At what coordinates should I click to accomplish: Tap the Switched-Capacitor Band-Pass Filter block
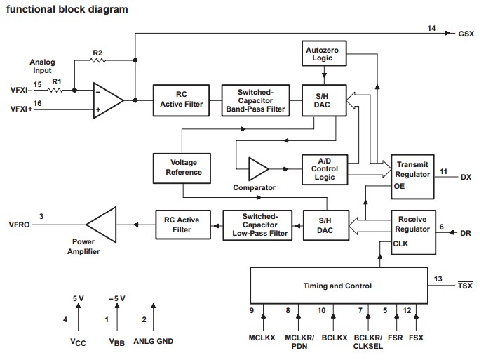tap(255, 100)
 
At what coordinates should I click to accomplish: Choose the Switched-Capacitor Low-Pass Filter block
tap(255, 225)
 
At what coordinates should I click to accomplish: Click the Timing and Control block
tap(337, 286)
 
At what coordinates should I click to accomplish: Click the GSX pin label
tap(466, 33)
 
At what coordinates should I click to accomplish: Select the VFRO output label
tap(20, 225)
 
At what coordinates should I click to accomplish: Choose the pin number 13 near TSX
tap(438, 279)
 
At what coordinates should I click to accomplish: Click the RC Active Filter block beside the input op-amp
tap(179, 100)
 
